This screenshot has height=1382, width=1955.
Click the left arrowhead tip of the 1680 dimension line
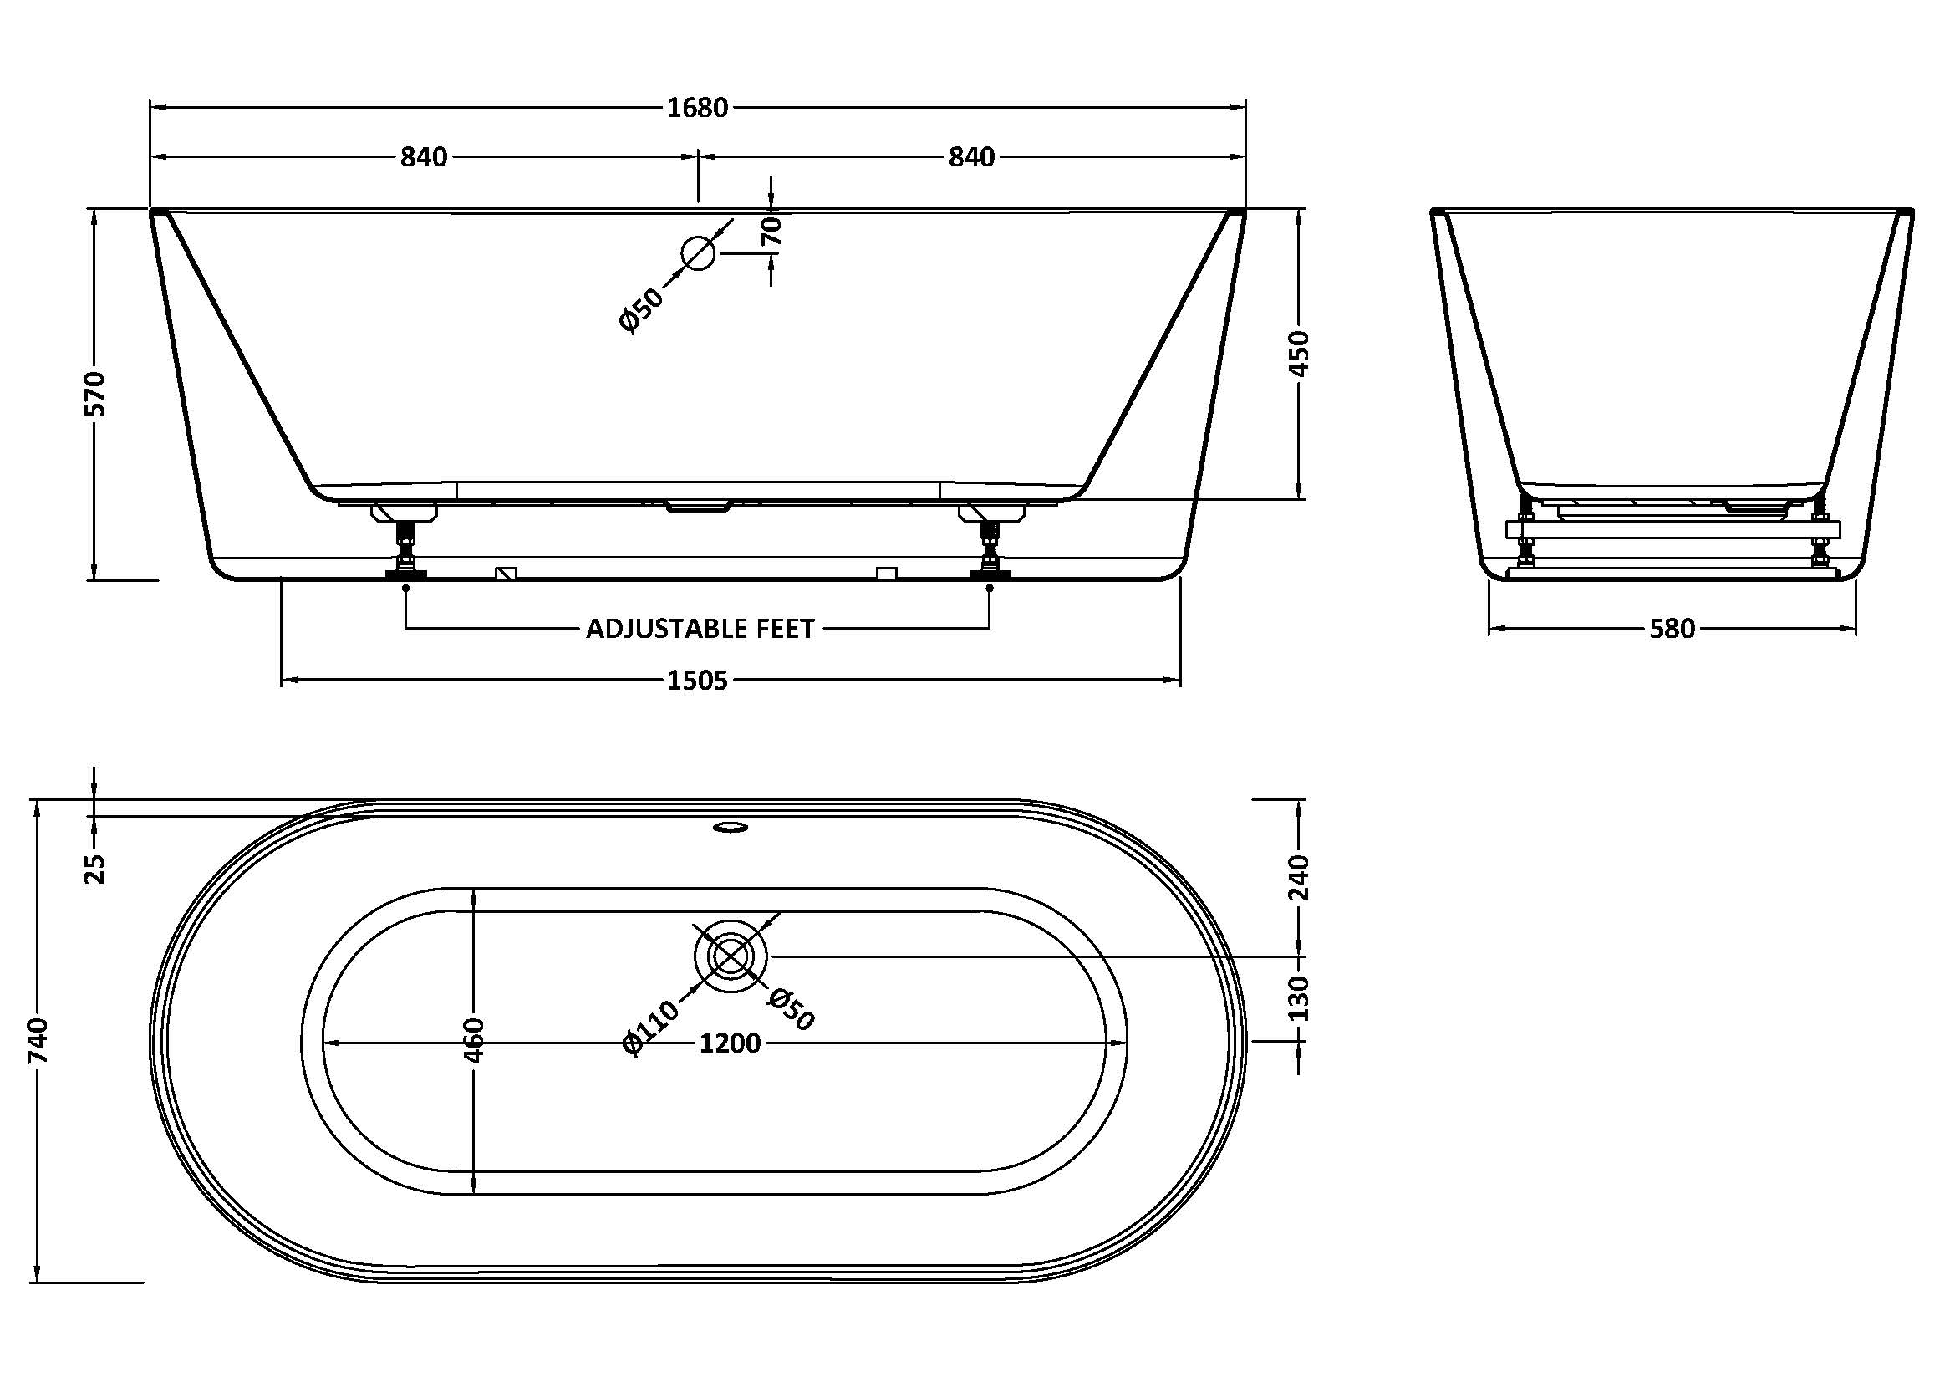[x=150, y=108]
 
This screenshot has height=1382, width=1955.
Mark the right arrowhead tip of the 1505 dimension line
[x=1180, y=680]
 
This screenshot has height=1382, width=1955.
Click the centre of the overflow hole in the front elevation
[x=698, y=252]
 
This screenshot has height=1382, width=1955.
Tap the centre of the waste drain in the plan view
[x=731, y=956]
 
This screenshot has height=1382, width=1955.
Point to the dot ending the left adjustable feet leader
[x=405, y=587]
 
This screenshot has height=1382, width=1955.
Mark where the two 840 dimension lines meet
[x=698, y=157]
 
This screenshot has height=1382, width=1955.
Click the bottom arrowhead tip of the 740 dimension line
[x=38, y=1281]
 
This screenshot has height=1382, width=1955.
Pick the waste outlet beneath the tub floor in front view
[x=698, y=507]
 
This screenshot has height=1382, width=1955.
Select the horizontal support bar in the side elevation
[x=1672, y=529]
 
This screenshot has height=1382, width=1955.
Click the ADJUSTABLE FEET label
[x=700, y=629]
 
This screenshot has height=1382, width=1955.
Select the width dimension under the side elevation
[x=1672, y=630]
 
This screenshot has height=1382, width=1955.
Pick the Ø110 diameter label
[x=652, y=1027]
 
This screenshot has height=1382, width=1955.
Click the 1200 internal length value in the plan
[x=730, y=1043]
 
